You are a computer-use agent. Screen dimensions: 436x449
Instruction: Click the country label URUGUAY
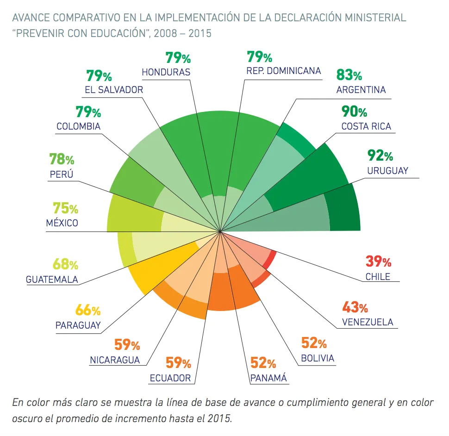pos(387,170)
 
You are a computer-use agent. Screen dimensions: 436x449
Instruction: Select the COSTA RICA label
pos(366,126)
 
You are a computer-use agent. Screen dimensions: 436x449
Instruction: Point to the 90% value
pos(354,112)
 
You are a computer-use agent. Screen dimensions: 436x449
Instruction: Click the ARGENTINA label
pos(361,90)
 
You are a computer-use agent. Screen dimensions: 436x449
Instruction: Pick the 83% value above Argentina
pos(349,75)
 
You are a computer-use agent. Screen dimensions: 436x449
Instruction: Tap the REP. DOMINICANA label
pos(284,71)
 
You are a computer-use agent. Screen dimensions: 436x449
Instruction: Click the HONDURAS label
pos(166,72)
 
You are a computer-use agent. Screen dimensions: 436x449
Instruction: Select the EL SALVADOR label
pos(114,90)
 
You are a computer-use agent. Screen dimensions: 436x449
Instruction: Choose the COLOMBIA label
pos(78,126)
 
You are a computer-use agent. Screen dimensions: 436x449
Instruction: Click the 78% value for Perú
pos(62,159)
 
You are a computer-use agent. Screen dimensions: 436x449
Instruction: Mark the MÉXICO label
pos(62,223)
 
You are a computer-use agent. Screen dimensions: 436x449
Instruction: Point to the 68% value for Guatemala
pos(65,265)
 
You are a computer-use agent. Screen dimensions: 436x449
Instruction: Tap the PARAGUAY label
pos(78,325)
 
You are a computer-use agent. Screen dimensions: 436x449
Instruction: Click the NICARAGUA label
pos(115,360)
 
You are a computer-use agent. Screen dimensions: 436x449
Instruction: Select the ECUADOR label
pos(170,378)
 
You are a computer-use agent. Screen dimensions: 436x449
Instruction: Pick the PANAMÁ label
pos(268,378)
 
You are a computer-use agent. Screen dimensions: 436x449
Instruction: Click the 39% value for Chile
pos(378,262)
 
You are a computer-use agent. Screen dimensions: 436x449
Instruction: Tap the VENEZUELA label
pos(368,322)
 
